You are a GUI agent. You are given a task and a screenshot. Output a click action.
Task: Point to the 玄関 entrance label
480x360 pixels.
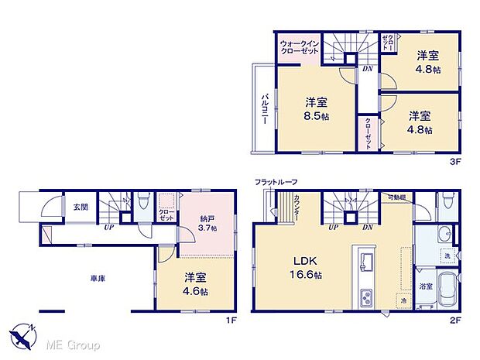point(81,207)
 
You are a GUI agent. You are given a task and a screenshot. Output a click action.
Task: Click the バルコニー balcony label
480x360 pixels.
point(265,107)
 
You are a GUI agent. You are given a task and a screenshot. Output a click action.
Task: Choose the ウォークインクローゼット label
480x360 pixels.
point(299,48)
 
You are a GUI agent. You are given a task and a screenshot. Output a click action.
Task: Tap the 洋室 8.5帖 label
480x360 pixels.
point(315,108)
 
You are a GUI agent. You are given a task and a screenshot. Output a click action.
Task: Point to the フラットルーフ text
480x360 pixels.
point(276,182)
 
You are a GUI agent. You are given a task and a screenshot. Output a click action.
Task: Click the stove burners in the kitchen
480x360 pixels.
point(366,296)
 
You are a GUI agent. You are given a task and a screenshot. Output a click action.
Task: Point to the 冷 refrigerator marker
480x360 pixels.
point(403,301)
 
